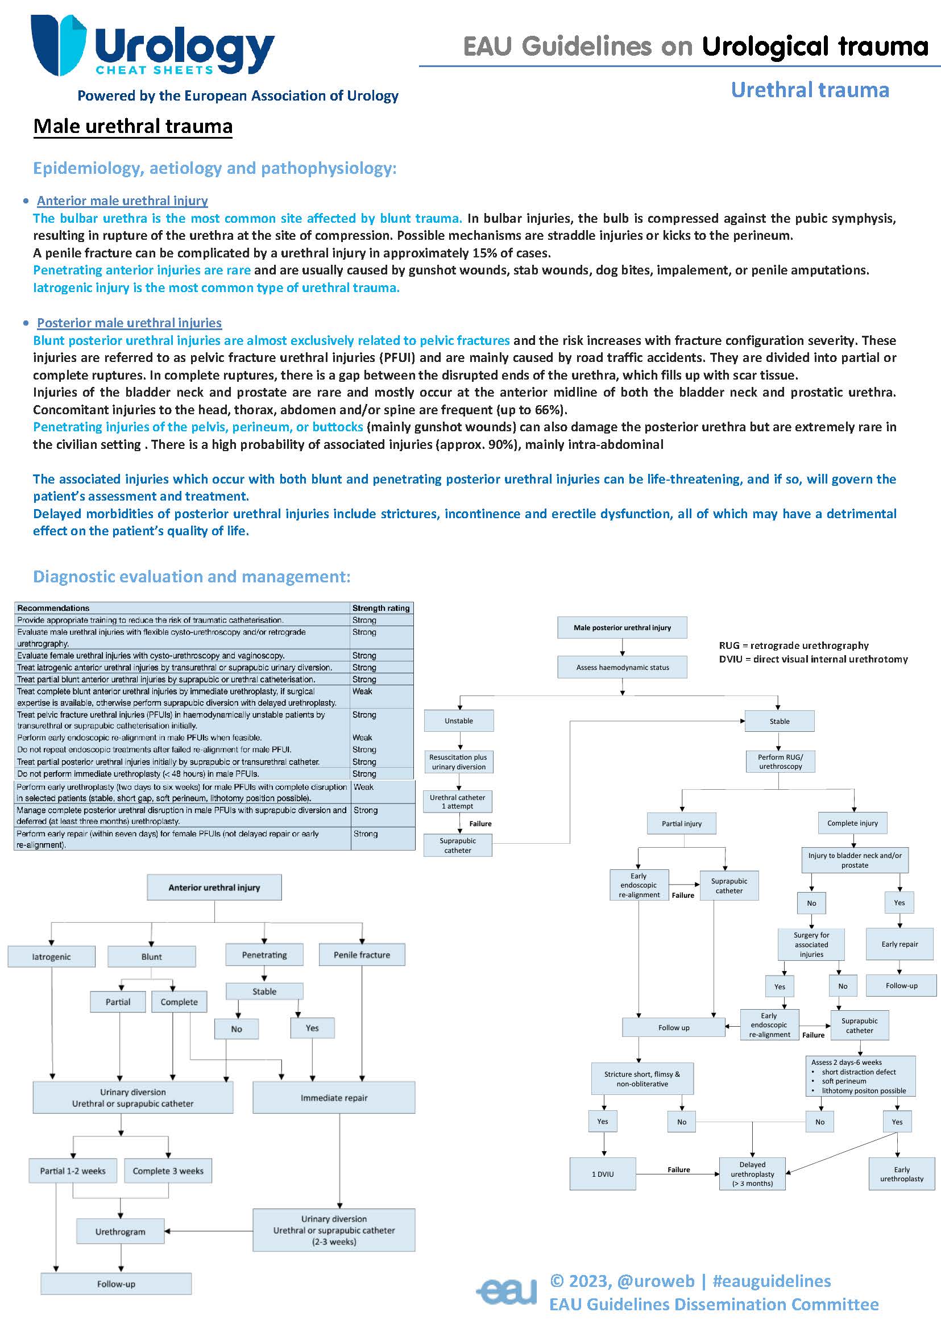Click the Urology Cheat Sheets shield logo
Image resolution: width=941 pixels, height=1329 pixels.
pyautogui.click(x=58, y=45)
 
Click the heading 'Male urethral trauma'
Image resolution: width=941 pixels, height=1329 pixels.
pyautogui.click(x=132, y=126)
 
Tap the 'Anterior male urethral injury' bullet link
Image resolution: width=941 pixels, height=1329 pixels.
pyautogui.click(x=122, y=201)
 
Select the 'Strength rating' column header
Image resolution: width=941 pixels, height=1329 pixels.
pyautogui.click(x=381, y=608)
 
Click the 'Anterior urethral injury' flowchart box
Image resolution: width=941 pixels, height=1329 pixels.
pyautogui.click(x=214, y=887)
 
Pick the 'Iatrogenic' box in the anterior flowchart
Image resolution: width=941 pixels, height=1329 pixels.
pyautogui.click(x=51, y=957)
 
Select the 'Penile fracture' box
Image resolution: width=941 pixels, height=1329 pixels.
pyautogui.click(x=362, y=955)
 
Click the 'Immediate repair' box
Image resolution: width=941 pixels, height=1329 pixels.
pyautogui.click(x=334, y=1097)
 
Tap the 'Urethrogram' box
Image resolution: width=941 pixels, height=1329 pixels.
pyautogui.click(x=120, y=1232)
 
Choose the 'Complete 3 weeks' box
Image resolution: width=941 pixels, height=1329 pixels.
pyautogui.click(x=168, y=1170)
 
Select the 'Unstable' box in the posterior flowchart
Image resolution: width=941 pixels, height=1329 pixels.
pyautogui.click(x=458, y=721)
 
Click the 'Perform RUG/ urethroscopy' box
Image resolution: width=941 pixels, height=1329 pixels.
pyautogui.click(x=780, y=761)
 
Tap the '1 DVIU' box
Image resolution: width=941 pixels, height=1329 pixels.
pyautogui.click(x=602, y=1174)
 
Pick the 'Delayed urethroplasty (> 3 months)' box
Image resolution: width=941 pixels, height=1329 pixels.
pyautogui.click(x=752, y=1174)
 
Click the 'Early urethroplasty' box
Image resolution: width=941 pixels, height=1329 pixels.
pyautogui.click(x=901, y=1174)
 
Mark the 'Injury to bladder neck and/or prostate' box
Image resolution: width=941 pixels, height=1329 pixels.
pyautogui.click(x=854, y=860)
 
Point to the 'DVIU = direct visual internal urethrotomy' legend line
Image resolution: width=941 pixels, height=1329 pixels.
pyautogui.click(x=813, y=659)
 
